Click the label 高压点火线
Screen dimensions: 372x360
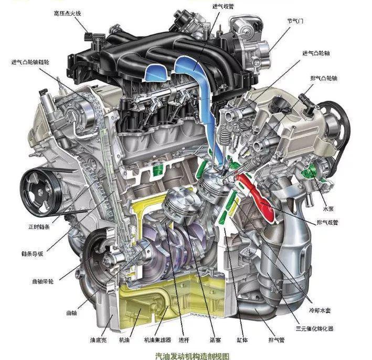pos(67,13)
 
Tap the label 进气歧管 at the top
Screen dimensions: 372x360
pos(223,6)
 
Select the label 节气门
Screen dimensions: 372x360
pos(295,21)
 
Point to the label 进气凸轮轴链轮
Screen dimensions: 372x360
pos(30,62)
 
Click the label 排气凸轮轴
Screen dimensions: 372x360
pos(324,78)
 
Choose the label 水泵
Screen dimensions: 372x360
pos(328,209)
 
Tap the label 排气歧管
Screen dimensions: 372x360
pos(327,223)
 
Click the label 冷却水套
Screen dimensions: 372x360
pos(320,310)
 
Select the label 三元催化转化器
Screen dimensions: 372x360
pos(315,329)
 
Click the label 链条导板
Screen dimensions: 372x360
pos(32,254)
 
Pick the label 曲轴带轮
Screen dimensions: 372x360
pos(43,282)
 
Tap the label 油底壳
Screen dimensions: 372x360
pos(99,340)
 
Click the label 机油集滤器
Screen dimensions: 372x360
pos(157,340)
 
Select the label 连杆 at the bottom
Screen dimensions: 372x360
pos(184,340)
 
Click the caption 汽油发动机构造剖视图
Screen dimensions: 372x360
pos(193,356)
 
